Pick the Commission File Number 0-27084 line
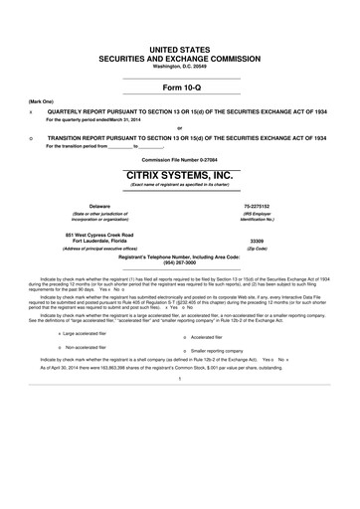180,161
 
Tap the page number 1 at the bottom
180,408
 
